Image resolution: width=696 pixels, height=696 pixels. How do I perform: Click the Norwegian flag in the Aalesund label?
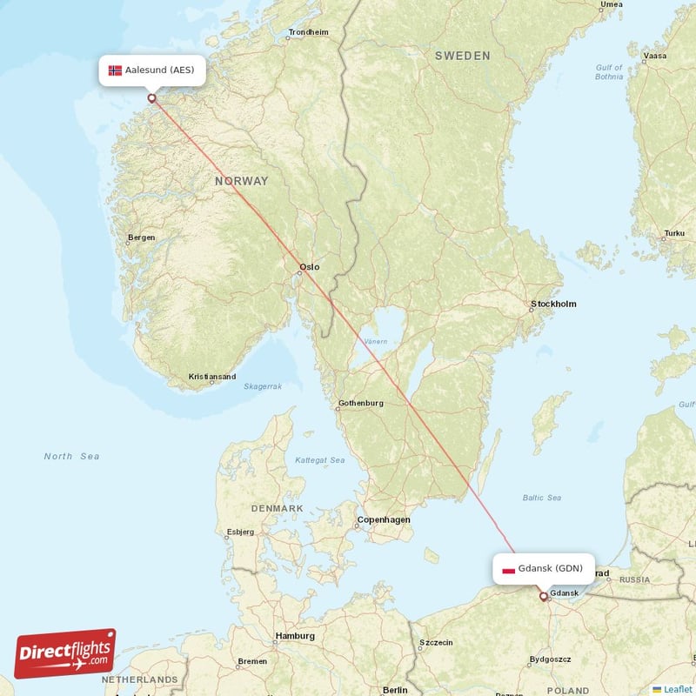pyautogui.click(x=115, y=70)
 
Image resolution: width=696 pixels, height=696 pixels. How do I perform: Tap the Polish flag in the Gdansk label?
pyautogui.click(x=508, y=571)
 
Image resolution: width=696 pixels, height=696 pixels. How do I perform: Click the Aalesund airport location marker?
pyautogui.click(x=152, y=97)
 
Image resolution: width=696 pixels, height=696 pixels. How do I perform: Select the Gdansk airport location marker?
pyautogui.click(x=544, y=597)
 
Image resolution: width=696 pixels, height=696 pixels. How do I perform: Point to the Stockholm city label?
pyautogui.click(x=553, y=304)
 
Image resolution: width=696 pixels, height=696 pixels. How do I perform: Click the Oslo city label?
pyautogui.click(x=309, y=267)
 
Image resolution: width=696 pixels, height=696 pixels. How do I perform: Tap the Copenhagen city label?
pyautogui.click(x=383, y=519)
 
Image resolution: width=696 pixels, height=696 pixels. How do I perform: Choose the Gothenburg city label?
pyautogui.click(x=360, y=403)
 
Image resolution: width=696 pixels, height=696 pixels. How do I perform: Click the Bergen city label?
pyautogui.click(x=141, y=238)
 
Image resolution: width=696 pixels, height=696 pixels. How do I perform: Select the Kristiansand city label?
pyautogui.click(x=212, y=377)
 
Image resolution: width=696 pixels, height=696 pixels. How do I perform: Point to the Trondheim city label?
pyautogui.click(x=309, y=32)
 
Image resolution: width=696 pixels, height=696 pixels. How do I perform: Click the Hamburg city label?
pyautogui.click(x=295, y=636)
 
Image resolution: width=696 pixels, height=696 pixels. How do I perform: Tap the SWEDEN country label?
pyautogui.click(x=462, y=56)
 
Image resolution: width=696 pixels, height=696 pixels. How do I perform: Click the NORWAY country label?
pyautogui.click(x=242, y=181)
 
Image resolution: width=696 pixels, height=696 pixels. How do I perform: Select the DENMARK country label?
pyautogui.click(x=277, y=508)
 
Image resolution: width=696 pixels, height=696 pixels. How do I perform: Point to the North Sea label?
pyautogui.click(x=71, y=456)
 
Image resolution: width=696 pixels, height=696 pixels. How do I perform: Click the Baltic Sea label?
pyautogui.click(x=541, y=498)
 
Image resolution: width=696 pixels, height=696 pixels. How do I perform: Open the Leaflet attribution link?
pyautogui.click(x=677, y=689)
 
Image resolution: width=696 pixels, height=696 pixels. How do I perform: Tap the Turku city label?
pyautogui.click(x=674, y=233)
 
